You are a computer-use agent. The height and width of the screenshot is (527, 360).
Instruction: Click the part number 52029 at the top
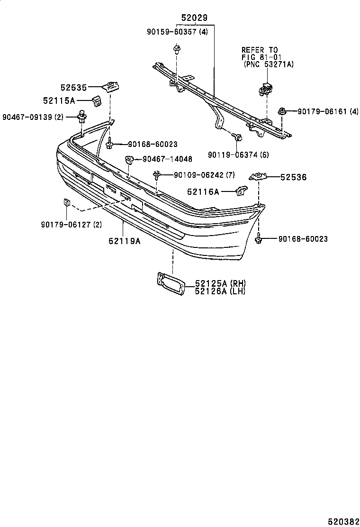(x=194, y=18)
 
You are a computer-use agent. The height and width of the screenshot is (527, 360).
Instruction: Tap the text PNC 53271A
(x=269, y=64)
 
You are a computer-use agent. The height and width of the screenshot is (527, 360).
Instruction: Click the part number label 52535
(x=73, y=88)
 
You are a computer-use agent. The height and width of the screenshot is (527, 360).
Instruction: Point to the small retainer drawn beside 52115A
(x=97, y=100)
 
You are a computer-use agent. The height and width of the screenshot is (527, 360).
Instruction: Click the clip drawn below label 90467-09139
(x=82, y=116)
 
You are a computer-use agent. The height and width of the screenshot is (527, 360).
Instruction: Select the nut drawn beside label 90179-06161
(x=282, y=111)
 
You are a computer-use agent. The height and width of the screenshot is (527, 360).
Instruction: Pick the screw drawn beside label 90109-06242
(x=156, y=176)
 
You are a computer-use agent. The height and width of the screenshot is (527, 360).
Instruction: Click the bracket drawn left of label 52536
(x=258, y=177)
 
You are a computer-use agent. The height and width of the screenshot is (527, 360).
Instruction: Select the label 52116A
(x=203, y=191)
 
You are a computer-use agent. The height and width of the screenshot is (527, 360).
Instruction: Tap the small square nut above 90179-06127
(x=67, y=203)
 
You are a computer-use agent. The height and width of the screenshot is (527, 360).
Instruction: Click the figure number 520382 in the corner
(x=345, y=520)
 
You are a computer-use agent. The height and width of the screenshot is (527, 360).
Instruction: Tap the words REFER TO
(x=260, y=50)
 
